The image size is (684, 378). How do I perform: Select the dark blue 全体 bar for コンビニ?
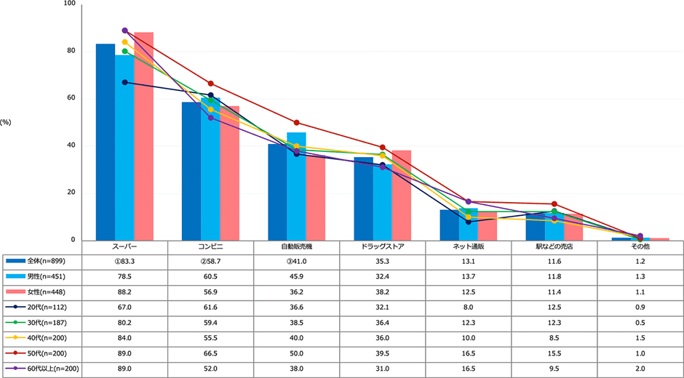click(191, 172)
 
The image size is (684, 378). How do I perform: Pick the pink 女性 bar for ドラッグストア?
click(401, 196)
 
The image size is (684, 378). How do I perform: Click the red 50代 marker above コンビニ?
click(210, 84)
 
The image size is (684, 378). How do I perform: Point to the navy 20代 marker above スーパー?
click(124, 82)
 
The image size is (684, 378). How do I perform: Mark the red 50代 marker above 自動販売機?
click(296, 123)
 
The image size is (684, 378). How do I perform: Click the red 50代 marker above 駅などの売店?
click(554, 204)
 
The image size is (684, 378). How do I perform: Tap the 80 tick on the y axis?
click(71, 51)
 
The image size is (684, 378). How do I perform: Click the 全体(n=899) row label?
click(44, 260)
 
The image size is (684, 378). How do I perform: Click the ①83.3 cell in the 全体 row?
click(125, 261)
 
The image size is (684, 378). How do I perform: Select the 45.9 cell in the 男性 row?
click(297, 276)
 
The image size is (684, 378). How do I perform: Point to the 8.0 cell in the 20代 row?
click(469, 307)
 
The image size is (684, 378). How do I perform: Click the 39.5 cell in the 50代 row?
click(383, 354)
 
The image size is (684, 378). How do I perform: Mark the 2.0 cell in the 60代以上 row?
click(640, 369)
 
